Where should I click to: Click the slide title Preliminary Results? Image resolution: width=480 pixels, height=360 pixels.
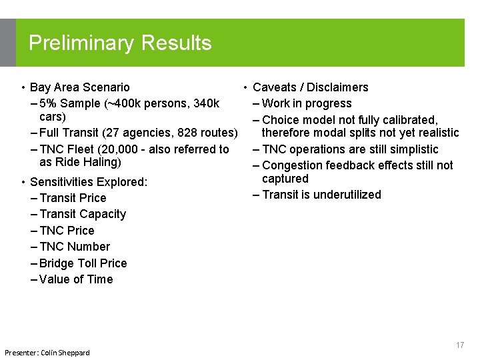tap(120, 43)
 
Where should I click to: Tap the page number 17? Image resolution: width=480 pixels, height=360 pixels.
tap(459, 345)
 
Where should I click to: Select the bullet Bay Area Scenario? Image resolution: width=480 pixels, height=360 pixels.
tap(80, 87)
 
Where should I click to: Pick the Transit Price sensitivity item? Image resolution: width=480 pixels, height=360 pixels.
tap(73, 198)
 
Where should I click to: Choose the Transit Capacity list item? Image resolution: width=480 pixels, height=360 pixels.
tap(82, 214)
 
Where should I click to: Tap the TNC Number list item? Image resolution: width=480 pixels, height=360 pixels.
tap(75, 247)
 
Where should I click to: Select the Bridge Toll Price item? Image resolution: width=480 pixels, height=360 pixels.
tap(83, 263)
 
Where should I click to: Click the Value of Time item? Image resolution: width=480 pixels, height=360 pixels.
tap(76, 279)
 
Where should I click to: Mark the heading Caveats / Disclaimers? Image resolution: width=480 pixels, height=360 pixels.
tap(310, 87)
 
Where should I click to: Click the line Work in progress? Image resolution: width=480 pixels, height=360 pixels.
tap(307, 103)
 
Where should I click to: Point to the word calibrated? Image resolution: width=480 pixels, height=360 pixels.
tap(407, 120)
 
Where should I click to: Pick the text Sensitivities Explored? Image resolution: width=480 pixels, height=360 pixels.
tap(89, 182)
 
